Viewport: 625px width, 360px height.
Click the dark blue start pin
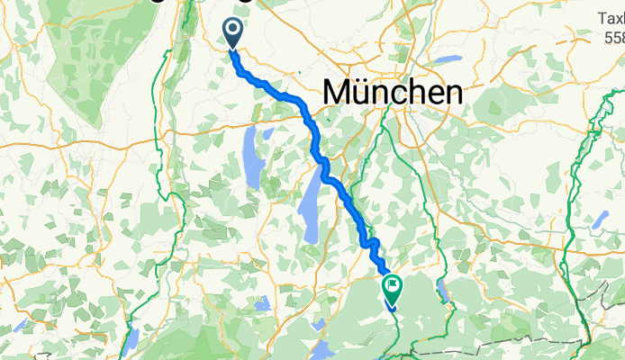click(232, 34)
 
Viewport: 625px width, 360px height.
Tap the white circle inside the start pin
click(232, 31)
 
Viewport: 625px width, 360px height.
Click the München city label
click(393, 92)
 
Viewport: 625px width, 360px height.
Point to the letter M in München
click(337, 92)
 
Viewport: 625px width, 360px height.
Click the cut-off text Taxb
click(611, 18)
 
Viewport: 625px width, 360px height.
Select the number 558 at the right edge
click(614, 38)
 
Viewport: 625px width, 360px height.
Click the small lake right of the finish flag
click(441, 291)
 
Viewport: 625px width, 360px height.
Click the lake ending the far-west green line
click(131, 339)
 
